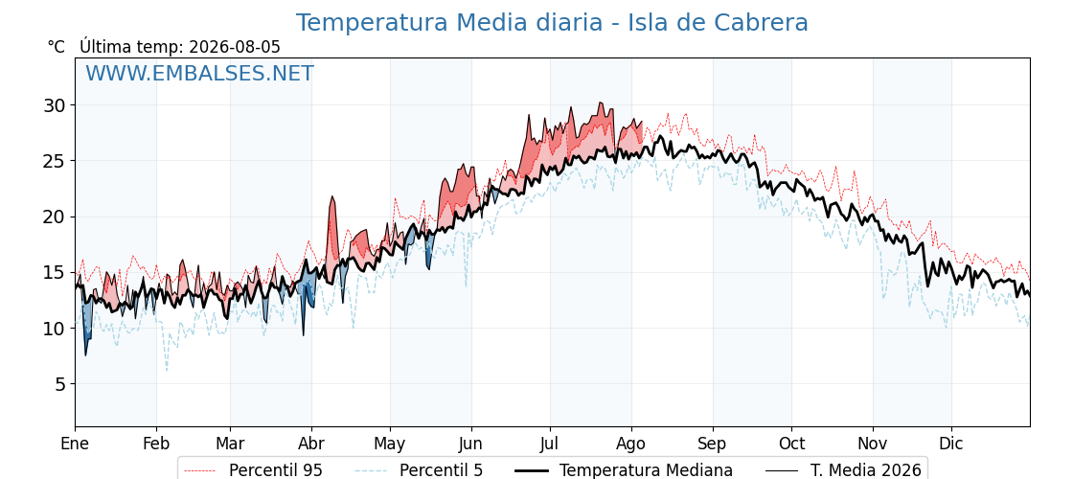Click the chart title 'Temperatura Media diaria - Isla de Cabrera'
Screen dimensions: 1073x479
(552, 23)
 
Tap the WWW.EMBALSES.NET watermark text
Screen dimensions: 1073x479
(199, 73)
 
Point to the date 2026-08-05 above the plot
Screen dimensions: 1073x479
(235, 47)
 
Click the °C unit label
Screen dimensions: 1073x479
(57, 47)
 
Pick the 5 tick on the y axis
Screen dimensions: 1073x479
(61, 384)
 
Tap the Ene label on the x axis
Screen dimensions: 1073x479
(76, 445)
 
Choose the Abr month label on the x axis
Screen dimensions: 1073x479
(311, 445)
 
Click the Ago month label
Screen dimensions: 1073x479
(631, 445)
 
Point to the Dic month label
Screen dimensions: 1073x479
(951, 445)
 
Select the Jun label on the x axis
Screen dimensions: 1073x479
(470, 445)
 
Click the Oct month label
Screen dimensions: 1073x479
(791, 445)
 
